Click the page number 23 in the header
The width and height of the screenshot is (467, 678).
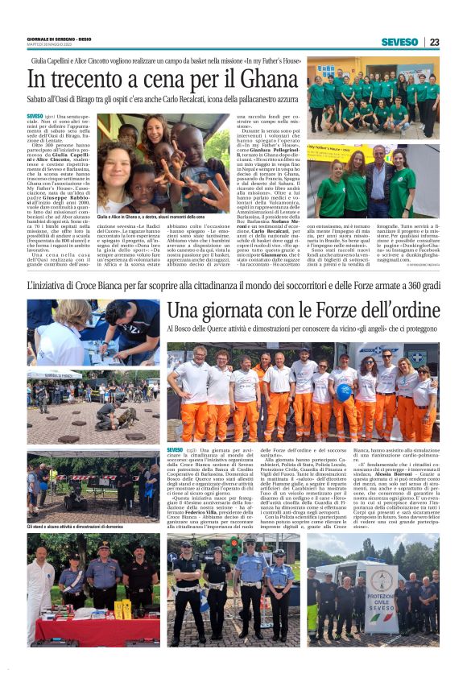pyautogui.click(x=434, y=42)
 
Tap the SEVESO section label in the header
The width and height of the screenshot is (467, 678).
pyautogui.click(x=399, y=42)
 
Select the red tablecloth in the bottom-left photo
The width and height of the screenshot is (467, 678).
pyautogui.click(x=89, y=629)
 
